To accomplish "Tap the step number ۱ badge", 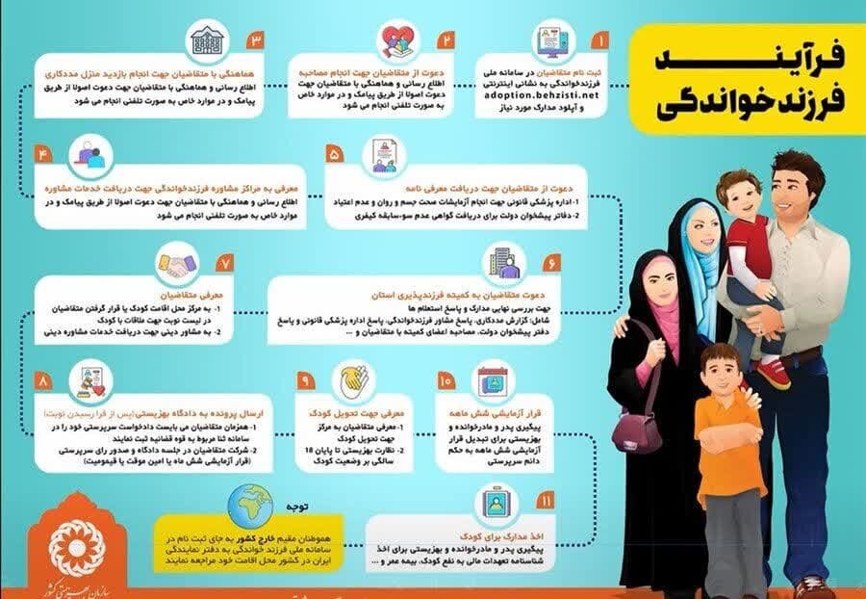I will coord(600,42).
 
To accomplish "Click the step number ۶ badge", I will coord(551,262).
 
